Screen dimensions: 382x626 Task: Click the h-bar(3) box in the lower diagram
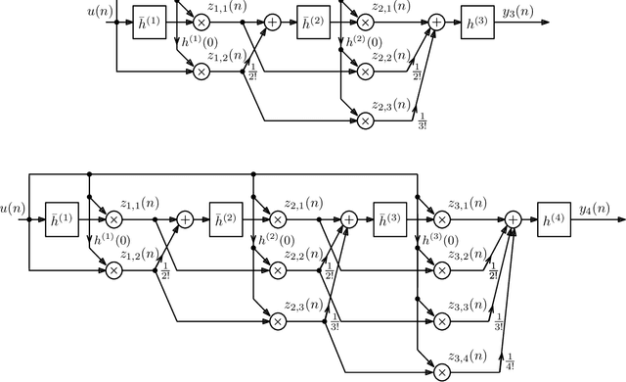[388, 221]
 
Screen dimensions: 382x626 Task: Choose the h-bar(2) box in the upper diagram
[312, 21]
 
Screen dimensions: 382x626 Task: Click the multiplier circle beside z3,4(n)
[441, 371]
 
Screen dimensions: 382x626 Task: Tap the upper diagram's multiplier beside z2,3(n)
[366, 119]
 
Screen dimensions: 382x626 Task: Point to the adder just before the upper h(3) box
[435, 21]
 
